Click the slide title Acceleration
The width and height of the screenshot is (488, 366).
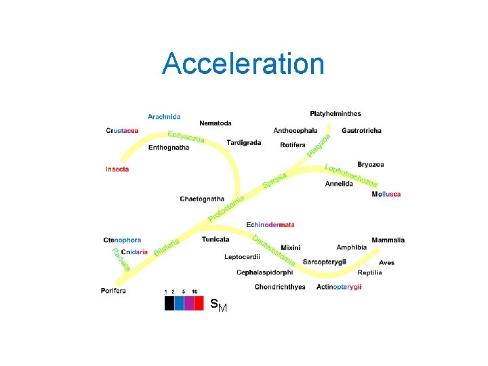243,64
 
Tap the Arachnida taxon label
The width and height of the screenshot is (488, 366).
164,117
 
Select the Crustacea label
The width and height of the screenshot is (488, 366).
123,131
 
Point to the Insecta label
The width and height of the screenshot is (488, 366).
117,169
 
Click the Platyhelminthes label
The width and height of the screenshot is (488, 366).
335,113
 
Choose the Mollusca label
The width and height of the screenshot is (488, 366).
386,195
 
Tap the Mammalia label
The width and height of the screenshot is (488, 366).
388,239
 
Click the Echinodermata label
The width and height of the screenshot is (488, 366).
270,224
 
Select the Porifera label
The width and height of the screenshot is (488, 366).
113,291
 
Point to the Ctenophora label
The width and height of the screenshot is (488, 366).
122,239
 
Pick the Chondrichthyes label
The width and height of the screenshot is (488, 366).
280,287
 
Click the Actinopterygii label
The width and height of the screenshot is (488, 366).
339,287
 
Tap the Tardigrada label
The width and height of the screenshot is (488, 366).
244,142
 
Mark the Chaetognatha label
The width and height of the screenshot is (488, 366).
202,199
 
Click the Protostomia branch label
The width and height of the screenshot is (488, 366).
226,208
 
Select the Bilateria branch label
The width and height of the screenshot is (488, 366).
167,247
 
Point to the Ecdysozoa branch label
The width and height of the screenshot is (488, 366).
186,136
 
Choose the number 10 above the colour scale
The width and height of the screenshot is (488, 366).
195,291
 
